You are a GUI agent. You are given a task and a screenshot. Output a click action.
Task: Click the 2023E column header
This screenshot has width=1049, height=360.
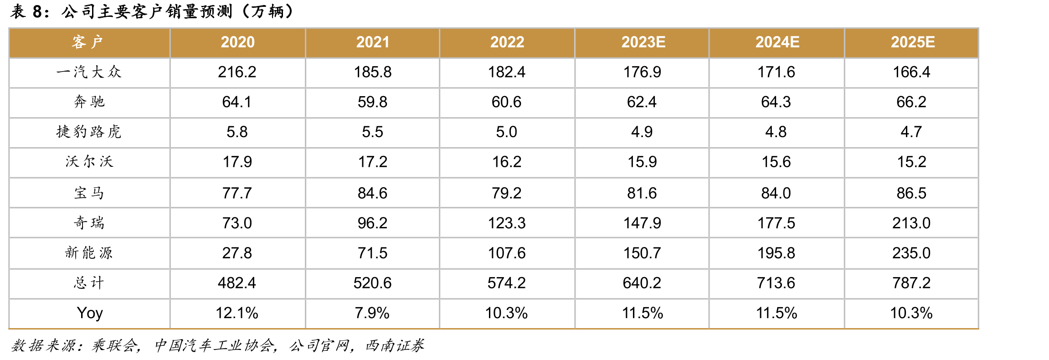643,42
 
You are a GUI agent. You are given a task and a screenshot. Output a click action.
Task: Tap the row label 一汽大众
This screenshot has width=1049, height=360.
89,72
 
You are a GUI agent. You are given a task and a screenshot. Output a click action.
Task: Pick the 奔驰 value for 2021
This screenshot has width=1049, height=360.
372,102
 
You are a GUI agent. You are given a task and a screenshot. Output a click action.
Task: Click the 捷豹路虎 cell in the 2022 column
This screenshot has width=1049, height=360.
506,132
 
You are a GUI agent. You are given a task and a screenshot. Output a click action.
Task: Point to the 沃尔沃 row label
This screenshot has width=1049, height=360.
89,161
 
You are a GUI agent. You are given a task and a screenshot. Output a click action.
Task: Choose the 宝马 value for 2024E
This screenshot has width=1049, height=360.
776,193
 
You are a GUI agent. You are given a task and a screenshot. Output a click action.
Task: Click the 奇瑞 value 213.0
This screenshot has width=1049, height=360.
911,223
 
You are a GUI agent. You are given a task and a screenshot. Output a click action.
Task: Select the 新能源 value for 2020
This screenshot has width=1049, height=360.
237,253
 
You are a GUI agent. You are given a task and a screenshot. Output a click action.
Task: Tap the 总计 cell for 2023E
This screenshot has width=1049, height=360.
642,283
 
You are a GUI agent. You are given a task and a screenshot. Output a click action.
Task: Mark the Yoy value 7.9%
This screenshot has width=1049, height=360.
372,313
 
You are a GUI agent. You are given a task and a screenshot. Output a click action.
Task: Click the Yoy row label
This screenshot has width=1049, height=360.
90,313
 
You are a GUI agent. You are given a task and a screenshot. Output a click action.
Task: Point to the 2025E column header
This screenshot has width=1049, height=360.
913,42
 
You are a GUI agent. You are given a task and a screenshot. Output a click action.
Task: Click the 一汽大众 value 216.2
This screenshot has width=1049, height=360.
237,72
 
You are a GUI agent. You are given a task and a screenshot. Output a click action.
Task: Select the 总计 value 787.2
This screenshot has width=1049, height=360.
911,283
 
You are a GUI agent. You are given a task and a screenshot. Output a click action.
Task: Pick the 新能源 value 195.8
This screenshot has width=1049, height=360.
776,253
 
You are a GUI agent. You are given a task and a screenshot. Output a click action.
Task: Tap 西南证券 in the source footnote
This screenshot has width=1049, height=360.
395,345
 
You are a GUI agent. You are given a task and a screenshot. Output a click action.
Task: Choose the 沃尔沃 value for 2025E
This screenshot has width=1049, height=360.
911,161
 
